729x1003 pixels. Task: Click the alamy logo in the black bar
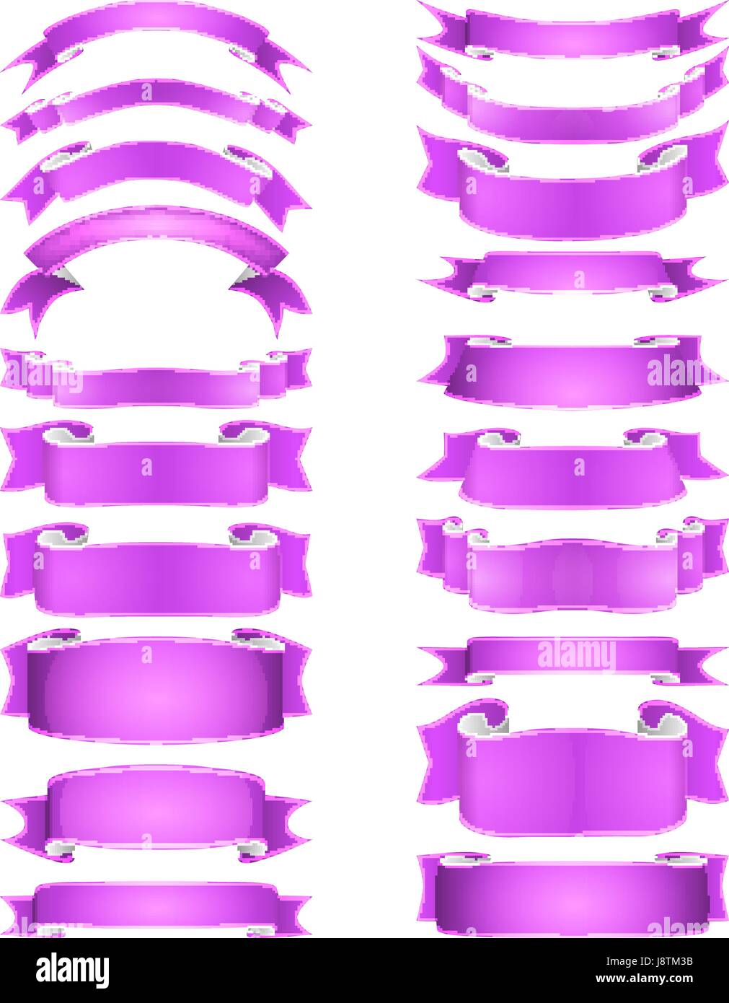[72, 971]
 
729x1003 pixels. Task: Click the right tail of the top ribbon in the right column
[703, 25]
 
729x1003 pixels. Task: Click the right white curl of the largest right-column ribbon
[660, 722]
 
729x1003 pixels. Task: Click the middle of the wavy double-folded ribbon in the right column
[573, 570]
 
